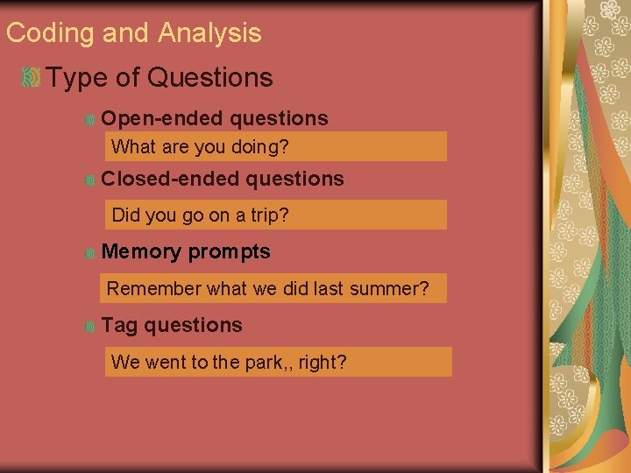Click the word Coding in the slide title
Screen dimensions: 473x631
(50, 33)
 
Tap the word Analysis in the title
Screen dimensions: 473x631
(209, 33)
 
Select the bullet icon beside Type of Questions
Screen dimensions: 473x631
(31, 78)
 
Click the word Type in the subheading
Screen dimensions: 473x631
(77, 78)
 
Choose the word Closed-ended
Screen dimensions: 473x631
(170, 179)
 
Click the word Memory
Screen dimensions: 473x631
(141, 252)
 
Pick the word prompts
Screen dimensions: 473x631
(230, 252)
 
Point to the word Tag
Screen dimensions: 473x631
(119, 326)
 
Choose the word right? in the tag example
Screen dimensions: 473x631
(323, 363)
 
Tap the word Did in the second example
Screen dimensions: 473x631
(126, 215)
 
